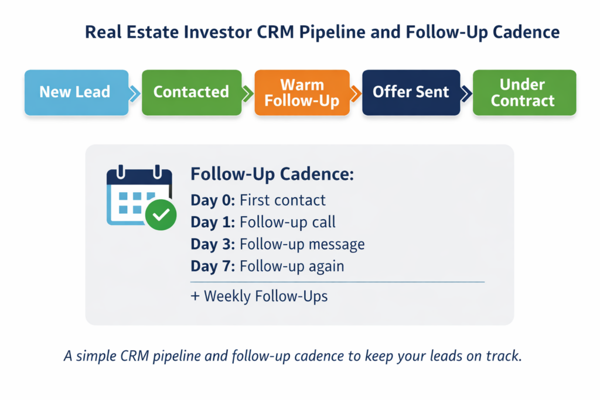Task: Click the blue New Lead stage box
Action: pyautogui.click(x=76, y=93)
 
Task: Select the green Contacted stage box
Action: pyautogui.click(x=191, y=93)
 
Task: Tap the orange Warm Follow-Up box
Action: pyautogui.click(x=302, y=93)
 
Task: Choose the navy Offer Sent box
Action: pyautogui.click(x=411, y=93)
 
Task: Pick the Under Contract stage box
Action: pyautogui.click(x=523, y=93)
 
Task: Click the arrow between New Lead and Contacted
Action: pyautogui.click(x=135, y=93)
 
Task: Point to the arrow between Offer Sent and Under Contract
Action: pyautogui.click(x=466, y=93)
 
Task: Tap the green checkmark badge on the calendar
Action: pyautogui.click(x=161, y=215)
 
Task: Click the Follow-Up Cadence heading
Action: pyautogui.click(x=272, y=175)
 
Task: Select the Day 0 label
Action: pyautogui.click(x=213, y=200)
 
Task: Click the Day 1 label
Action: pyautogui.click(x=213, y=223)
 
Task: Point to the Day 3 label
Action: pyautogui.click(x=213, y=244)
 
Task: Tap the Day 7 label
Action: pyautogui.click(x=213, y=266)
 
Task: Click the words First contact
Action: pyautogui.click(x=282, y=200)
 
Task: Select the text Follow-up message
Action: pyautogui.click(x=302, y=244)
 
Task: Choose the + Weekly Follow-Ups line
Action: pyautogui.click(x=259, y=296)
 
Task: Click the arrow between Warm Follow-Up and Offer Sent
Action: pyautogui.click(x=355, y=93)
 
